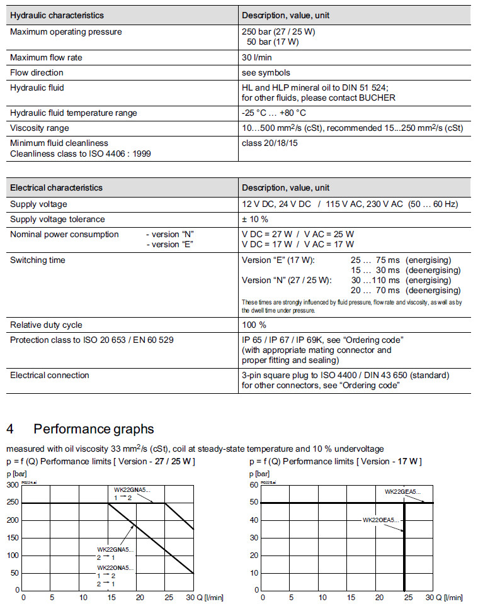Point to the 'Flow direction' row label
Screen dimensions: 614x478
(37, 73)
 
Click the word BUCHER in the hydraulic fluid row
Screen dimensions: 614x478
(378, 98)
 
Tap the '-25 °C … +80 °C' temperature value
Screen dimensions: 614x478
(274, 113)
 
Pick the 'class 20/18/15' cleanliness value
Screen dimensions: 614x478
(270, 143)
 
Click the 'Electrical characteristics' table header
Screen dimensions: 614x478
(56, 188)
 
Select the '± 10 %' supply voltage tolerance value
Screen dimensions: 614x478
(255, 220)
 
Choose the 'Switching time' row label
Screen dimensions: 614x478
(38, 260)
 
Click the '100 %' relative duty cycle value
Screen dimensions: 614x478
(254, 325)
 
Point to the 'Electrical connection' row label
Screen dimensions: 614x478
(50, 376)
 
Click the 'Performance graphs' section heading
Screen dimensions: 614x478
(94, 429)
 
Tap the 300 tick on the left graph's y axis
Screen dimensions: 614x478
(13, 485)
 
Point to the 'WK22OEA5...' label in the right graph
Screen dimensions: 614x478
(380, 520)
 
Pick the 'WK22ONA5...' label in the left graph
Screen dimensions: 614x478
(115, 568)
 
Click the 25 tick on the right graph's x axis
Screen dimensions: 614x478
(408, 597)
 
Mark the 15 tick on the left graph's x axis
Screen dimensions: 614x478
(111, 597)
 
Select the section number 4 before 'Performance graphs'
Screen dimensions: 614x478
(10, 429)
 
